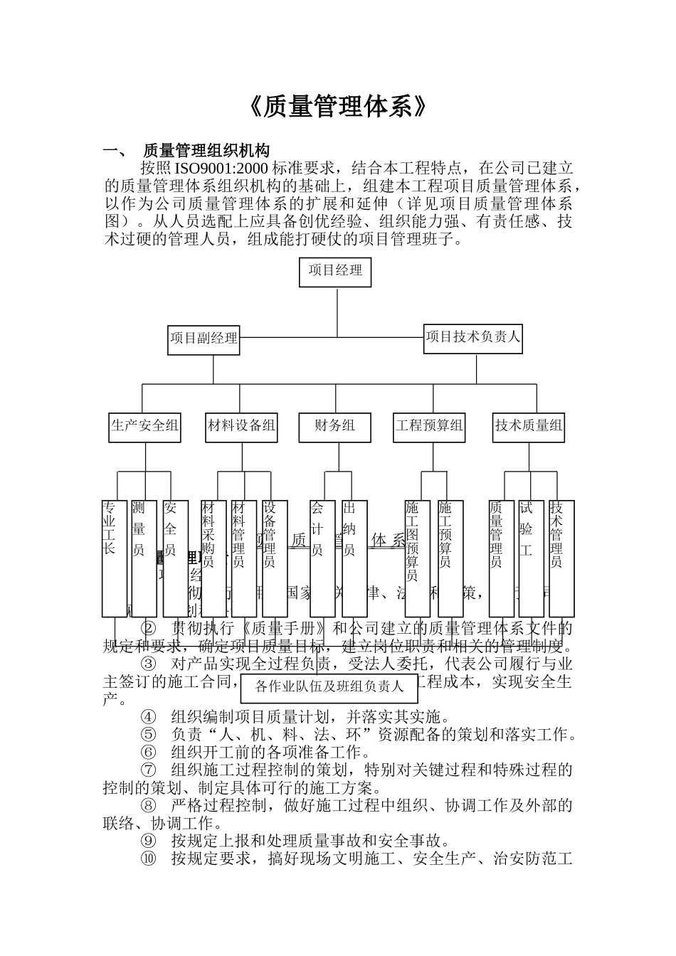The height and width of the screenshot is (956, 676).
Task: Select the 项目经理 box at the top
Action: click(x=335, y=270)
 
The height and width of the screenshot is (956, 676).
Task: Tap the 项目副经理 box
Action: click(x=204, y=339)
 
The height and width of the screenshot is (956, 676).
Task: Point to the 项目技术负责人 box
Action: click(x=473, y=336)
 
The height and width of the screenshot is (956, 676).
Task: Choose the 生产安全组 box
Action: click(x=144, y=426)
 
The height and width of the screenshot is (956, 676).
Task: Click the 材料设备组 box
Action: click(x=241, y=426)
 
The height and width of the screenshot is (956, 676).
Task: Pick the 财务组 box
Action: click(x=334, y=426)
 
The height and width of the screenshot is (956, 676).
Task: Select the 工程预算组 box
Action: click(x=429, y=426)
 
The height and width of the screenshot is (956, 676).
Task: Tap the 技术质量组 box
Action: click(x=529, y=426)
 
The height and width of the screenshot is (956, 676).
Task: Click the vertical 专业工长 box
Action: click(x=114, y=558)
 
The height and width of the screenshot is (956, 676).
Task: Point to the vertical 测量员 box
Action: click(x=144, y=558)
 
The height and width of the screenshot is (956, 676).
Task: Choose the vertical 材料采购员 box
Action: click(x=213, y=558)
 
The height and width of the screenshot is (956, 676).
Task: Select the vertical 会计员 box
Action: click(x=322, y=558)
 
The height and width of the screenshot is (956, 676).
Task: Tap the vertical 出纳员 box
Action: click(x=354, y=558)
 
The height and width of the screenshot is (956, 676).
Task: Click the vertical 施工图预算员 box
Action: click(x=417, y=558)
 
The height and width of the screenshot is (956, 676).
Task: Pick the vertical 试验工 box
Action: click(x=531, y=558)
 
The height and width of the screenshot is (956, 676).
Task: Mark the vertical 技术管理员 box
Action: click(x=561, y=558)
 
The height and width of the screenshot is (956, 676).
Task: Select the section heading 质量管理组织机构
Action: click(x=206, y=151)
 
